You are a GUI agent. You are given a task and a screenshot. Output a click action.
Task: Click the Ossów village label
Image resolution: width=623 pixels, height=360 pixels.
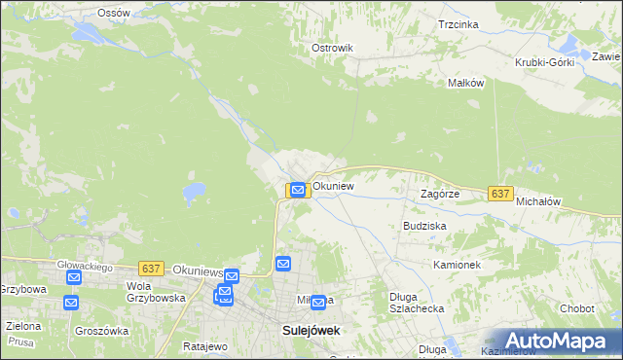(114, 13)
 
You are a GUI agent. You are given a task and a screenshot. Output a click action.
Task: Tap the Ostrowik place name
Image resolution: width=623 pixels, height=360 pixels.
(331, 48)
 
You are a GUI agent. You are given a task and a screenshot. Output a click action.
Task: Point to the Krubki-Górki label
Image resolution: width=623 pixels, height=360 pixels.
(545, 62)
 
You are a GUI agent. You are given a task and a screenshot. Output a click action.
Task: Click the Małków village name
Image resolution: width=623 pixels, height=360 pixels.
(465, 83)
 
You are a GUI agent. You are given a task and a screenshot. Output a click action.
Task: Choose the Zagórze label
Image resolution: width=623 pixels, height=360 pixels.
(439, 194)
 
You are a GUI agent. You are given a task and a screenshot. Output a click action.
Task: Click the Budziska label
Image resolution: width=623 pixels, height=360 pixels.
(424, 225)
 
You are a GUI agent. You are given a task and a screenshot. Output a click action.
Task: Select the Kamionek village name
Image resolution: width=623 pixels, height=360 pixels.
(457, 265)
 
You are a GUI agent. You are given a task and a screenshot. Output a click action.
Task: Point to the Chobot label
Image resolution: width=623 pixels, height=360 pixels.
(577, 308)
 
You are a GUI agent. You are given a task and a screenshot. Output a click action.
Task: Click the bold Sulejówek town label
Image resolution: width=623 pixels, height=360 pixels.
(311, 331)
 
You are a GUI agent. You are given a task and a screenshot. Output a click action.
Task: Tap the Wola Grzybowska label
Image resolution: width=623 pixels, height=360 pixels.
(156, 292)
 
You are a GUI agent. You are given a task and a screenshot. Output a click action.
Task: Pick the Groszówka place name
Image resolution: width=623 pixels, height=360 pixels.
(102, 331)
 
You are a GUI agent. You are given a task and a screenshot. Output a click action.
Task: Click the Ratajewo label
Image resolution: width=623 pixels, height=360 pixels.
(204, 346)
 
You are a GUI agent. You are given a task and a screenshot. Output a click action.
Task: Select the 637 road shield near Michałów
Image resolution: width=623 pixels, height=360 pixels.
(500, 194)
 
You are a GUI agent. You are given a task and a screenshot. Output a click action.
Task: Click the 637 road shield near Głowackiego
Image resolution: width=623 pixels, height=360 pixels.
(150, 268)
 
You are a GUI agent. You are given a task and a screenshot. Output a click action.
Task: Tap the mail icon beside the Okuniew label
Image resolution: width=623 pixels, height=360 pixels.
(298, 189)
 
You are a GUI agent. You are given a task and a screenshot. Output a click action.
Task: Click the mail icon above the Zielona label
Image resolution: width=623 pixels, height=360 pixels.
(71, 303)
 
